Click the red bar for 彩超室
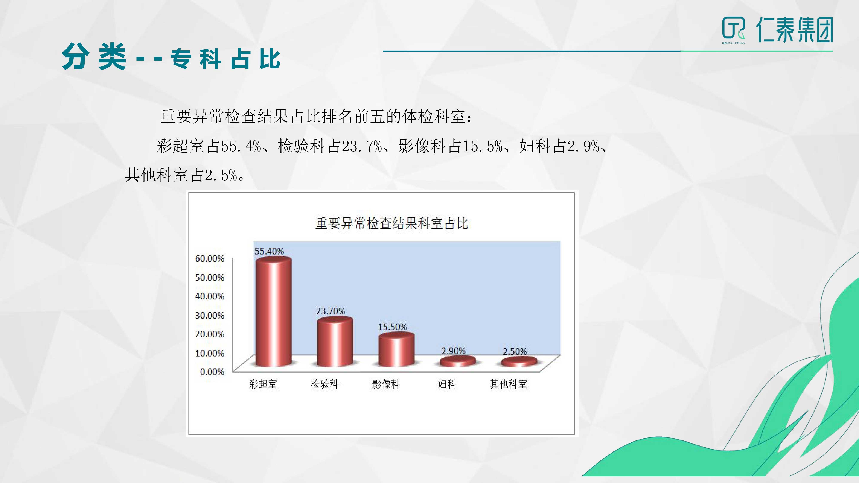(x=273, y=312)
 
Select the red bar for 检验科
(x=335, y=342)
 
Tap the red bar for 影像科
(x=396, y=349)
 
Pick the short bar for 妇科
(x=457, y=361)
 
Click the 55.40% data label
(x=269, y=251)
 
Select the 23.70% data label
(x=331, y=311)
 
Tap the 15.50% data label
(x=393, y=327)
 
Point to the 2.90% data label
(x=454, y=351)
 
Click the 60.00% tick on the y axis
(x=209, y=258)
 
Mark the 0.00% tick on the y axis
(x=212, y=372)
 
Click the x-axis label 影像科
(x=386, y=384)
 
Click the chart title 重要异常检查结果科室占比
(x=392, y=223)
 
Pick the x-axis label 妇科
(x=447, y=384)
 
